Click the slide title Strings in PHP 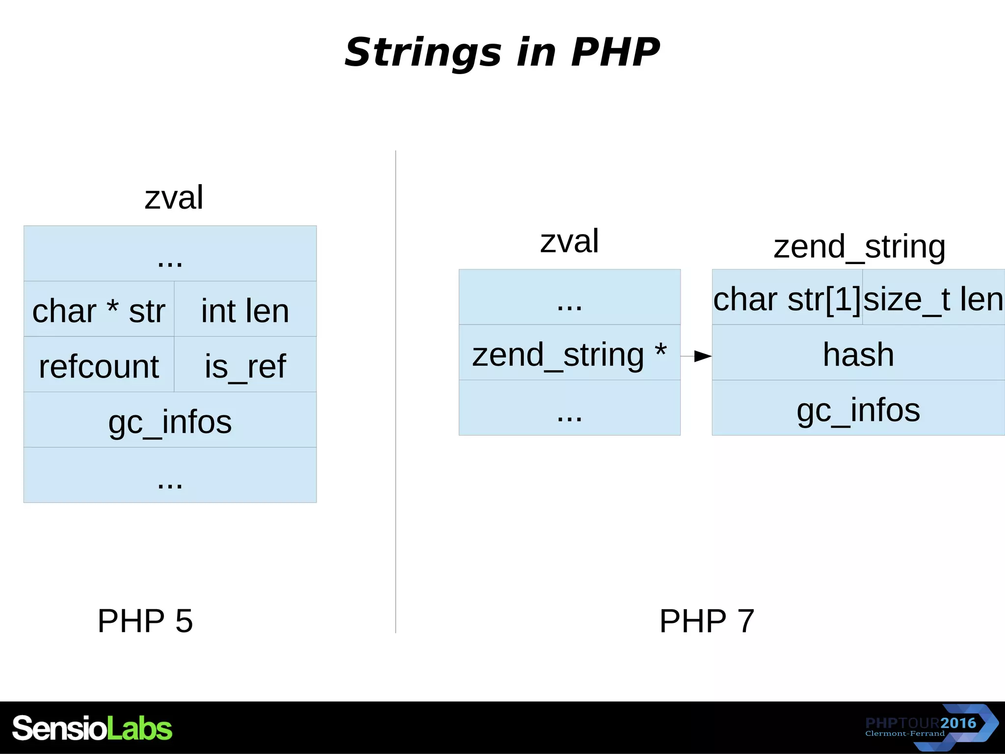(502, 52)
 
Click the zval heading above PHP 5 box (174, 197)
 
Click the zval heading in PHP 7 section (569, 241)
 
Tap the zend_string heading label (859, 246)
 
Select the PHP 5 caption (145, 620)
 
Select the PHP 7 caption (707, 620)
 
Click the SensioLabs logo (92, 727)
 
